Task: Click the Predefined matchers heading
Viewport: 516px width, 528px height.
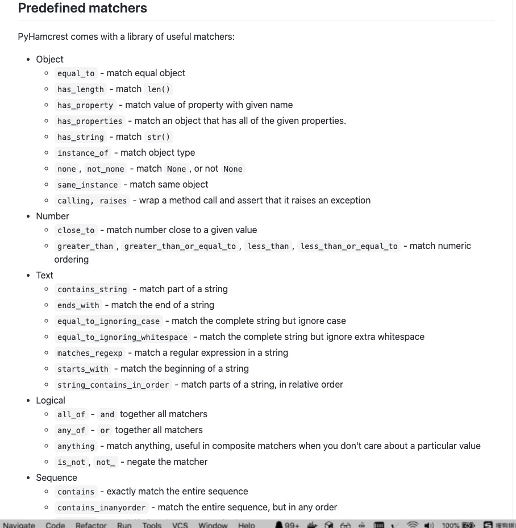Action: coord(82,9)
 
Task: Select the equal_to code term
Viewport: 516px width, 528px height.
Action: coord(76,73)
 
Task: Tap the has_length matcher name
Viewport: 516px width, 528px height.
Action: coord(81,89)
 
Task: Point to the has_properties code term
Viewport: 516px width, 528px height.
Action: coord(90,121)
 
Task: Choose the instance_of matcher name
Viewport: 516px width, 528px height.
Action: coord(83,153)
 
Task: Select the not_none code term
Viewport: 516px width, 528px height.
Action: coord(106,169)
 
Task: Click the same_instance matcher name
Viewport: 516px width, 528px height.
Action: coord(88,185)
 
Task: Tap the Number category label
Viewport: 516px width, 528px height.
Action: coord(52,216)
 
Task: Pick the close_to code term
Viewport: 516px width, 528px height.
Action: coord(76,230)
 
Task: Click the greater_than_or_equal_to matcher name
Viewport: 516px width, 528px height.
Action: coord(180,246)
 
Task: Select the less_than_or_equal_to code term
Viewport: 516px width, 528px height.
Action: coord(349,246)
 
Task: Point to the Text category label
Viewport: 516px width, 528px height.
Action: coord(44,275)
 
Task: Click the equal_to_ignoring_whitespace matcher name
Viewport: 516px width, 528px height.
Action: coord(123,337)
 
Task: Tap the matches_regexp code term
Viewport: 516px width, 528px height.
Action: coord(90,353)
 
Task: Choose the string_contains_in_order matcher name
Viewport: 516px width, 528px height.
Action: coord(113,385)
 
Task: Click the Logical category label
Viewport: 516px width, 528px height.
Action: coord(51,400)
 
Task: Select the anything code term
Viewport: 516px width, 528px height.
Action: coord(76,446)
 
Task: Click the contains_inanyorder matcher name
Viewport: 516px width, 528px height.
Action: coord(102,508)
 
